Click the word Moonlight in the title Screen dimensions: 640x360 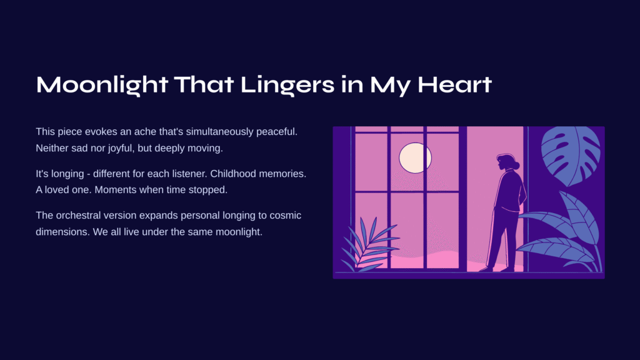pyautogui.click(x=102, y=85)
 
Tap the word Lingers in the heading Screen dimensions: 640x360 pyautogui.click(x=287, y=85)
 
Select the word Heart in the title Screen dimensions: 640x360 pyautogui.click(x=454, y=85)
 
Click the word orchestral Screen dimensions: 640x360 pyautogui.click(x=81, y=215)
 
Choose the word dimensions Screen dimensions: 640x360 pyautogui.click(x=62, y=232)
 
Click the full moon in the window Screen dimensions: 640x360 pyautogui.click(x=415, y=158)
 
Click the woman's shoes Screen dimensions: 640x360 pyautogui.click(x=496, y=269)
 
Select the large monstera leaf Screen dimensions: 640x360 pyautogui.click(x=571, y=154)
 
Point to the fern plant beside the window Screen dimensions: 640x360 pyautogui.click(x=367, y=244)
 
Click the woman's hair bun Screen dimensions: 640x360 pyautogui.click(x=516, y=165)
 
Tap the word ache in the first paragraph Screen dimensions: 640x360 pyautogui.click(x=145, y=132)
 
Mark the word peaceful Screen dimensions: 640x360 pyautogui.click(x=277, y=132)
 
